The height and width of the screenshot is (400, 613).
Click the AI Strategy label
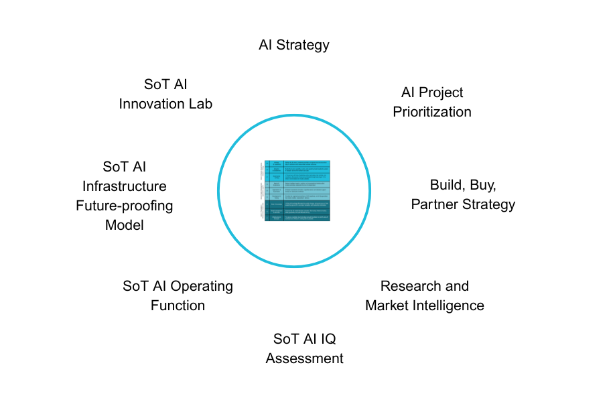294,45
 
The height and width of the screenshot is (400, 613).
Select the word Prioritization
432,112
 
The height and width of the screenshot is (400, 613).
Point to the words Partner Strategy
463,204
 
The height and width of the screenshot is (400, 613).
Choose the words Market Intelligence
424,306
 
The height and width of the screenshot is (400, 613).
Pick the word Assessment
304,358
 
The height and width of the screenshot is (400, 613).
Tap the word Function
178,306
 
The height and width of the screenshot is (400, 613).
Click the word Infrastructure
124,186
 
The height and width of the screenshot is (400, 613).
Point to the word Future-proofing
124,206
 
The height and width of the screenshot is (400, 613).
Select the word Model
124,225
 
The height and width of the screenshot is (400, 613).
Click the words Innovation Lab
165,104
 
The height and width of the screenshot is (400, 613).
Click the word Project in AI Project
442,92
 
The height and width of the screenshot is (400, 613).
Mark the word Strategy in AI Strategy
303,45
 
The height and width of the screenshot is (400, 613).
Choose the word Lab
200,104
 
